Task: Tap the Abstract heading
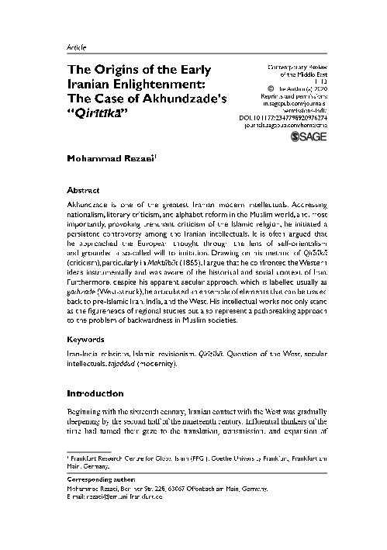85,189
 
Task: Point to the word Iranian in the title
91,83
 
